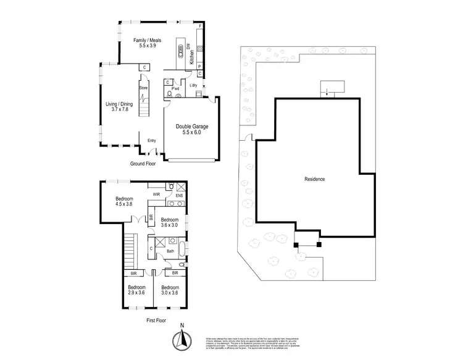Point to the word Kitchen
[x=192, y=59]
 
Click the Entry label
[x=151, y=141]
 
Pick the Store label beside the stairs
[x=143, y=88]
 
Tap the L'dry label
[x=193, y=85]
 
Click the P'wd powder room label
[x=175, y=89]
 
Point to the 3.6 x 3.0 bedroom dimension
[x=170, y=225]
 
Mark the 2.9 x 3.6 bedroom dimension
[x=136, y=293]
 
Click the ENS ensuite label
[x=179, y=196]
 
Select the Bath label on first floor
[x=170, y=251]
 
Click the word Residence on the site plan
[x=315, y=179]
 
